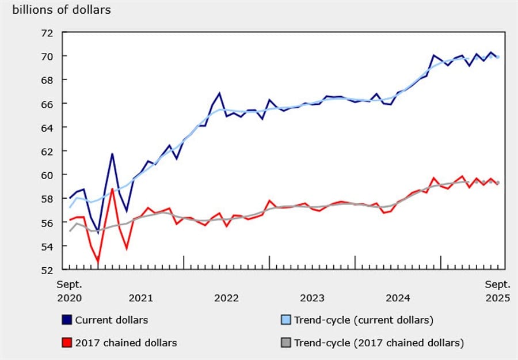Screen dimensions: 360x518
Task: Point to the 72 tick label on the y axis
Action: tap(46, 33)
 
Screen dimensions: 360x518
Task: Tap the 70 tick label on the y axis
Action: tap(46, 56)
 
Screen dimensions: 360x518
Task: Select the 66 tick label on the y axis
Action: tap(46, 104)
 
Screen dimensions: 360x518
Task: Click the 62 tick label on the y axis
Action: tap(46, 151)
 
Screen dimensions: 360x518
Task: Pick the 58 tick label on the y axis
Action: tap(46, 199)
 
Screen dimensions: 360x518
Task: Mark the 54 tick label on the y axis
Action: tap(46, 247)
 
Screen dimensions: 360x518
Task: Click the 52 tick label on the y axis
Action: tap(46, 270)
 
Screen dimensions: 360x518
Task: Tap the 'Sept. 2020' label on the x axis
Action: tap(69, 291)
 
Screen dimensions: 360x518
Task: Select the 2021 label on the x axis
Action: tap(140, 298)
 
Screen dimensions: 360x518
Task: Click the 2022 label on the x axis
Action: tap(226, 298)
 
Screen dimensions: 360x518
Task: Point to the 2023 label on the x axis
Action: tap(312, 298)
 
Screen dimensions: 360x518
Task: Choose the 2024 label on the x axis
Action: tap(398, 298)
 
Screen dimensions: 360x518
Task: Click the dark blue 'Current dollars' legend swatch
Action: tap(67, 320)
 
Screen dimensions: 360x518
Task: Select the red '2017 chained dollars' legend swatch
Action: tap(67, 343)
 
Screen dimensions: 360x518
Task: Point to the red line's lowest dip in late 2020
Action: tap(98, 261)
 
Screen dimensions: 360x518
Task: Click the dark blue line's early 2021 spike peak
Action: tap(112, 154)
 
